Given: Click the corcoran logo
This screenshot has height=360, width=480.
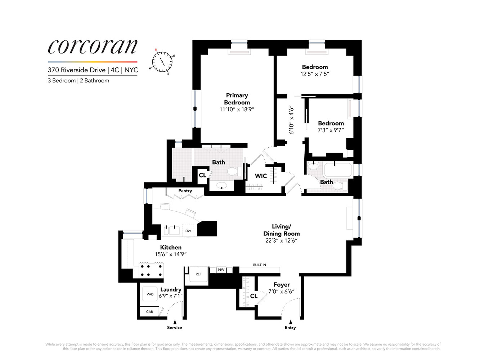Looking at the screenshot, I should click(93, 47).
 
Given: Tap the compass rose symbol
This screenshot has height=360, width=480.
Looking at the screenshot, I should click(162, 62).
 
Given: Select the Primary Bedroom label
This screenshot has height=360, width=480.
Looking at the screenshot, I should click(237, 99).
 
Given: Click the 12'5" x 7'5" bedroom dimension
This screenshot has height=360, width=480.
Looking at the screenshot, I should click(315, 74).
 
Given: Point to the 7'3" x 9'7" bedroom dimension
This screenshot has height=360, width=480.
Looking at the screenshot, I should click(331, 130).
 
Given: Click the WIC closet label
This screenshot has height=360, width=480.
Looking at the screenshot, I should click(261, 176).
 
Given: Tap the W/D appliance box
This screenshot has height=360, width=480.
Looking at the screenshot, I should click(150, 294).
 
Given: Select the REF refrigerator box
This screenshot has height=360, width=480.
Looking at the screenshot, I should click(198, 274).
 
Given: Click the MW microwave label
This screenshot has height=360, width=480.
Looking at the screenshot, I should click(221, 270).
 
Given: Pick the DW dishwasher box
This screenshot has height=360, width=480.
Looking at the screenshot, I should click(188, 231).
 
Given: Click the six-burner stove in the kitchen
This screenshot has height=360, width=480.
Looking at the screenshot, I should click(151, 270).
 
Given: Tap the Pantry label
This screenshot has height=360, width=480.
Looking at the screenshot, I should click(185, 191).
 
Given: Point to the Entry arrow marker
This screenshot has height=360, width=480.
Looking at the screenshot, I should click(290, 322).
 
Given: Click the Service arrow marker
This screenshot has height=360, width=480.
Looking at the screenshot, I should click(175, 322).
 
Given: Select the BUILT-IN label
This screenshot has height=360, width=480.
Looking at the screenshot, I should click(259, 265).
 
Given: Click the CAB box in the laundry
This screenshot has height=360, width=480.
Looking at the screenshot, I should click(149, 312).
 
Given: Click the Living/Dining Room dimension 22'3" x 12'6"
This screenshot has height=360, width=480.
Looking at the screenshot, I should click(281, 240).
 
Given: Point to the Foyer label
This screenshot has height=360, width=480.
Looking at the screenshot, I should click(282, 285).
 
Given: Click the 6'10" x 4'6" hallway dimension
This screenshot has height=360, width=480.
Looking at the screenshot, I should click(291, 120).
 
